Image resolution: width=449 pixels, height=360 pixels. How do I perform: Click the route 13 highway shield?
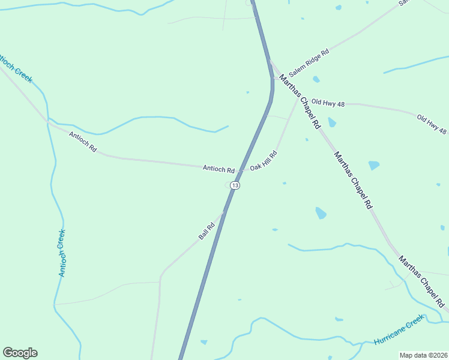pos(235,185)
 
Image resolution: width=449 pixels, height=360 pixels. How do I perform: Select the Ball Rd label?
pos(207,232)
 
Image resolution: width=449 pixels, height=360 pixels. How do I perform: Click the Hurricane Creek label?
pos(399,332)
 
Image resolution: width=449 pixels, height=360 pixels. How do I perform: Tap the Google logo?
pos(20,353)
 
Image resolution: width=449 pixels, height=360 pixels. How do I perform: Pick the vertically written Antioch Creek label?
pos(61,253)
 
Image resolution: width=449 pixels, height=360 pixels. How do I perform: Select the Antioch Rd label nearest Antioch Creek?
pos(83,141)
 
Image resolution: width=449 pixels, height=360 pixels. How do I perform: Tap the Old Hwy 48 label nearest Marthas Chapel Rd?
pos(328,104)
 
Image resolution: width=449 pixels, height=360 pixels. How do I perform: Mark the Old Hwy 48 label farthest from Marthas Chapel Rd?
pos(432,123)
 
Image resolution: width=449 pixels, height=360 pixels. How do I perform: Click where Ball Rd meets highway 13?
pos(224,211)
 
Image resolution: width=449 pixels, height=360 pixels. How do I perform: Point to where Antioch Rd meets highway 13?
pos(241,170)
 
